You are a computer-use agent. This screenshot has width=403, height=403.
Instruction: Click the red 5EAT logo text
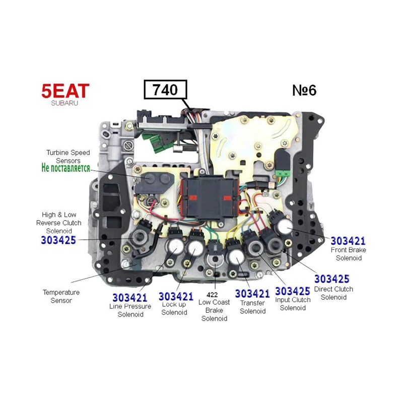coord(65,91)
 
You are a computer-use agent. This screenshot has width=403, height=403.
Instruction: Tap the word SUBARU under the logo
coord(64,103)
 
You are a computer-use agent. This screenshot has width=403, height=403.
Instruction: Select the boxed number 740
coord(165,90)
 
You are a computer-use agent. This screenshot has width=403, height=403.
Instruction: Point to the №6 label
coord(304,90)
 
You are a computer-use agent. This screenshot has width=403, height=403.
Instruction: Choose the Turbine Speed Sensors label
coord(68,156)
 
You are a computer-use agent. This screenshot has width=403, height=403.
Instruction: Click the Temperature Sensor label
coord(61,296)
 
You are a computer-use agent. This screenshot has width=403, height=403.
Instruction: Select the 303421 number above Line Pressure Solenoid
coord(130,298)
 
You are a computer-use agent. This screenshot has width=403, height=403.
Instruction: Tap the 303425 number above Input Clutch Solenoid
coord(293,291)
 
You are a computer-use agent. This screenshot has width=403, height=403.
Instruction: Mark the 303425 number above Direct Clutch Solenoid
coord(332,279)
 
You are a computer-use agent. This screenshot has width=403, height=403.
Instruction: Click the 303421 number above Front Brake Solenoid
coord(348,241)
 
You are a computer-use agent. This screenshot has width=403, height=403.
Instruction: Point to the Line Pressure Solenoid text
coord(130,310)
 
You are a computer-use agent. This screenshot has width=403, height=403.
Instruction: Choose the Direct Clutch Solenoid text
coord(333,293)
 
